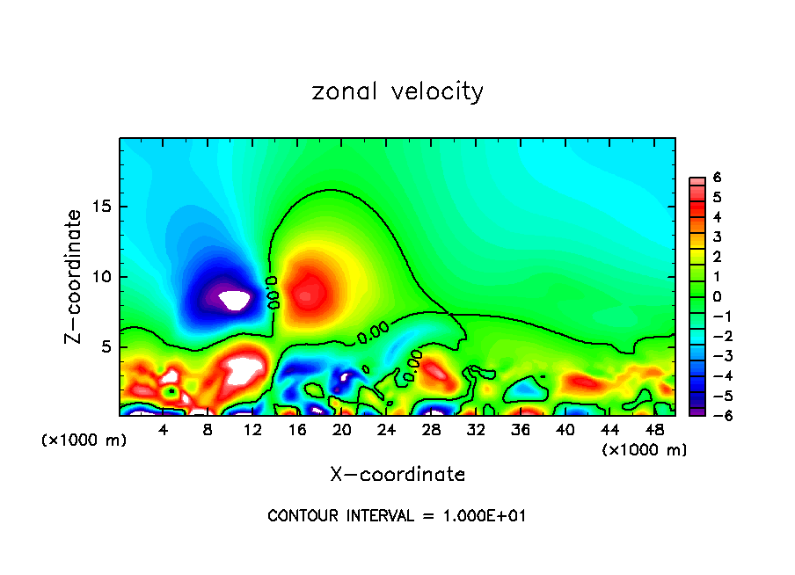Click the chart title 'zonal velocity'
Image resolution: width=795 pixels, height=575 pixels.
[x=397, y=91]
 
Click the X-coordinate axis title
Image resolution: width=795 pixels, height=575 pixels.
[x=397, y=475]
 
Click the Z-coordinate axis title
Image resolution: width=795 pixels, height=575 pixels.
[x=77, y=276]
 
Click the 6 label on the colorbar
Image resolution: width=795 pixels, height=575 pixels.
[x=717, y=178]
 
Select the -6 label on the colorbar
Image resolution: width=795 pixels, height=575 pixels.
[x=713, y=415]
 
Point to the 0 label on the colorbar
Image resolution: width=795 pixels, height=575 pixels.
[x=717, y=296]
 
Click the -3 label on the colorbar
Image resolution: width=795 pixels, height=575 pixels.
[x=713, y=355]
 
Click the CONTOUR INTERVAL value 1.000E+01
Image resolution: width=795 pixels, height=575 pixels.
[x=484, y=516]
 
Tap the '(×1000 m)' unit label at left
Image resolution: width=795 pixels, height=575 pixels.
[x=84, y=440]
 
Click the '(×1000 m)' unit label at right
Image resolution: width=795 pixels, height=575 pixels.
[x=645, y=450]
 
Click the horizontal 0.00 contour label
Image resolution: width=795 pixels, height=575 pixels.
[x=373, y=333]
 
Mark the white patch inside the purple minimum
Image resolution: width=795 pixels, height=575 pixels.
[x=235, y=300]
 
